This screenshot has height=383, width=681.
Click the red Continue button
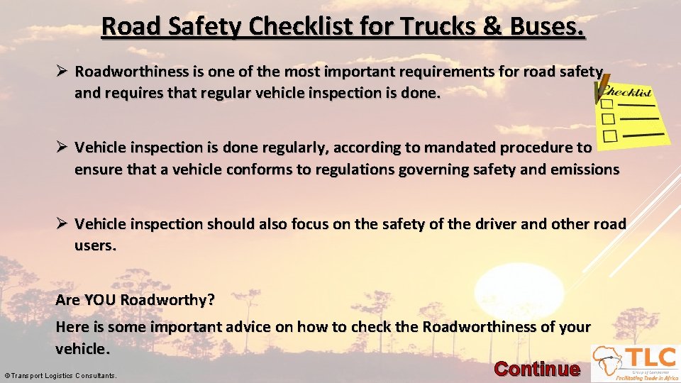tap(536, 369)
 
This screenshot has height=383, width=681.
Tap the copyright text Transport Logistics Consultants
tap(61, 375)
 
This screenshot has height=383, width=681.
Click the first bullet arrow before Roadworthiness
tap(62, 71)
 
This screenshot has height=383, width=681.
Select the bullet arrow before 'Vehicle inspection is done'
tap(62, 147)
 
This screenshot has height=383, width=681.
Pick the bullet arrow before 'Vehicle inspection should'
tap(62, 223)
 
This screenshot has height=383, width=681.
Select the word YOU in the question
tap(100, 299)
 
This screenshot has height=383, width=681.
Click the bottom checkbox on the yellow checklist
tap(609, 135)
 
